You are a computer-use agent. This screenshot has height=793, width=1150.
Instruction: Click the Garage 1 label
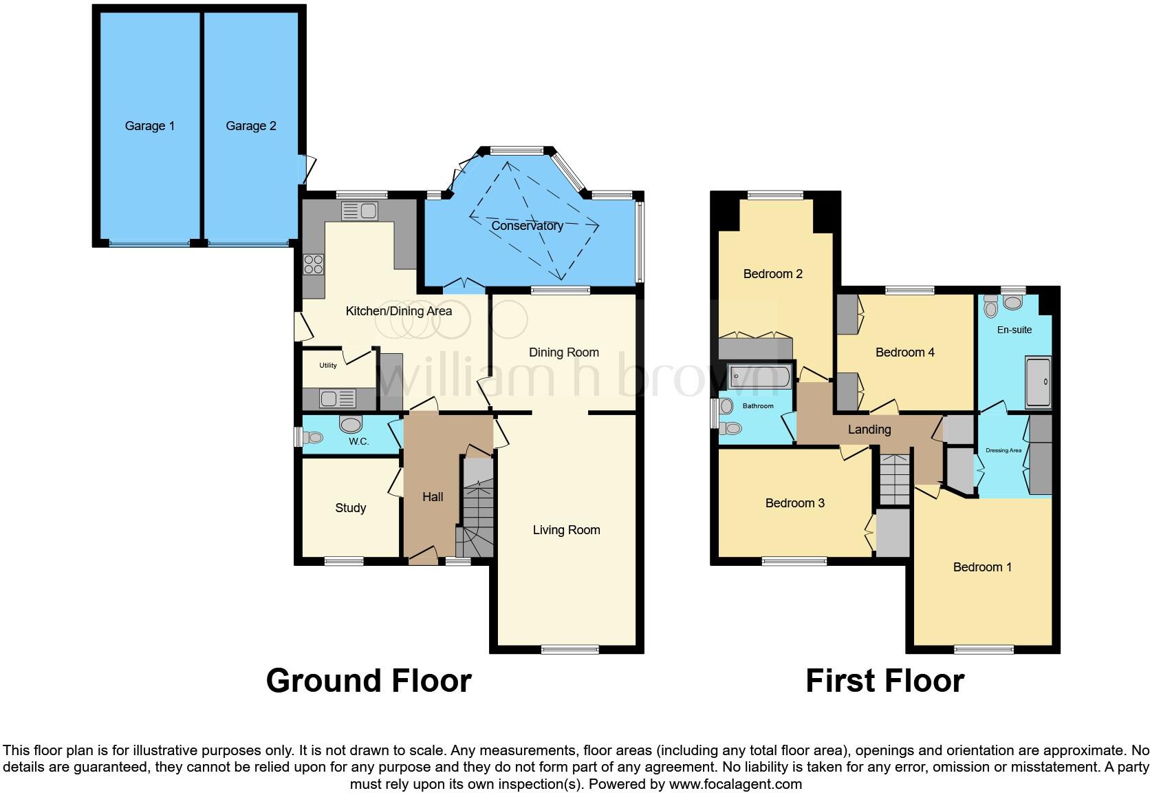149,126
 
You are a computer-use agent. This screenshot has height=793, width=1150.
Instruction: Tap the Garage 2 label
251,126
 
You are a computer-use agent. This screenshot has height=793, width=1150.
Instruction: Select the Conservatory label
527,226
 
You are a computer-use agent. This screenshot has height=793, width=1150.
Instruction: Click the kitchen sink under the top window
360,210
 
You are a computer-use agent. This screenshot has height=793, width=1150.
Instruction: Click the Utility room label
328,366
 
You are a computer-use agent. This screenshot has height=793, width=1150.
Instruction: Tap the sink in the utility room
338,399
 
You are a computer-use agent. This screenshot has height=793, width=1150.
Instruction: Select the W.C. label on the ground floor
358,441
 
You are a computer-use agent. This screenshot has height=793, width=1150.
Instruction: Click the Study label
350,508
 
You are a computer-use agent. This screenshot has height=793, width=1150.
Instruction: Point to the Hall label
433,497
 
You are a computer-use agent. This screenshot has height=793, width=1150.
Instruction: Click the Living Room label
566,530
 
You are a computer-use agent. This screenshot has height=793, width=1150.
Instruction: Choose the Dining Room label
563,352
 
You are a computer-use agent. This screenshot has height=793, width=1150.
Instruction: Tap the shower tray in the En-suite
1038,382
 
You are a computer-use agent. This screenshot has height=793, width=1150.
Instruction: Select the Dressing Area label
1003,451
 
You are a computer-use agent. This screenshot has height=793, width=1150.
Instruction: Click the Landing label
869,430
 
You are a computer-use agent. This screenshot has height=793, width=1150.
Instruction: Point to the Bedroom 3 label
794,503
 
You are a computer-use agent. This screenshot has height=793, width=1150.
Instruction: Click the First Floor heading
885,681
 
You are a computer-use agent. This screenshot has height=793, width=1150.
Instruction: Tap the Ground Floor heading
369,681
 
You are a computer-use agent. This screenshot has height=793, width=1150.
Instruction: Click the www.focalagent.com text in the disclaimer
735,784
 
